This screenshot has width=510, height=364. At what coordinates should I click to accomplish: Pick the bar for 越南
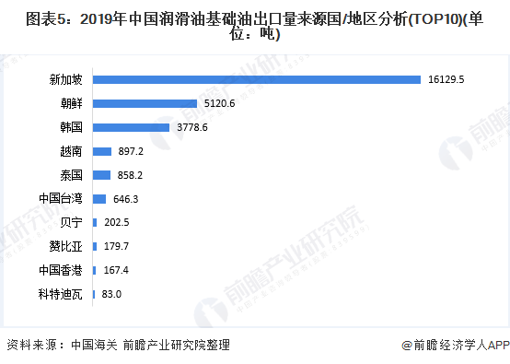click(x=101, y=151)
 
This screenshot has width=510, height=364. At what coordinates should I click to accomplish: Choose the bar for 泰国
click(x=101, y=174)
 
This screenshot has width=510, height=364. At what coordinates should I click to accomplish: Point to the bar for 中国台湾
click(x=99, y=198)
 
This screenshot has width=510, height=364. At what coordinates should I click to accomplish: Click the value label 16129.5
click(x=446, y=79)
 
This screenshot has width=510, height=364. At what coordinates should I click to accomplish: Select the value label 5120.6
click(x=220, y=103)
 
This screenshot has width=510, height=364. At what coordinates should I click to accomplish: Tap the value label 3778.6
click(x=192, y=127)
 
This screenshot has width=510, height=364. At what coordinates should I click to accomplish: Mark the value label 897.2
click(x=131, y=151)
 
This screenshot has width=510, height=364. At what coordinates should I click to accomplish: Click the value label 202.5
click(x=116, y=222)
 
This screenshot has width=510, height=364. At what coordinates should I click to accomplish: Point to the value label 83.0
click(x=112, y=294)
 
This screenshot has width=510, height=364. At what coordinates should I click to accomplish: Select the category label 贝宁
click(x=71, y=222)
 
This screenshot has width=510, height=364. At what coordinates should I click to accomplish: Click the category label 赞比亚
click(x=65, y=246)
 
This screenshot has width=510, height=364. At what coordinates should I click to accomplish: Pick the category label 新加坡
click(x=65, y=79)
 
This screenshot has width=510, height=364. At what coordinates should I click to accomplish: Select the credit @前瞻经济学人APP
click(x=455, y=346)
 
